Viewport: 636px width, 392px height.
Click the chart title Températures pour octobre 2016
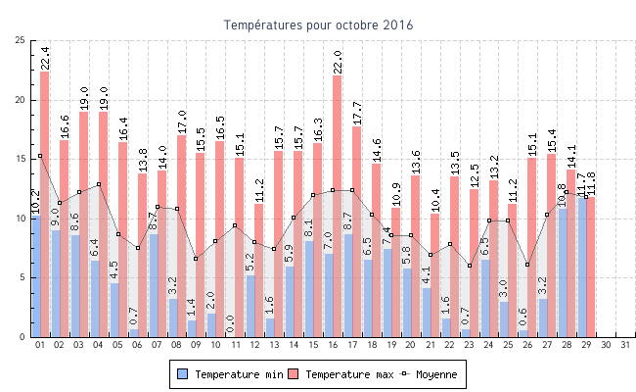tap(318, 24)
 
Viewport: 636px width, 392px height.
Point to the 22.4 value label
tap(45, 58)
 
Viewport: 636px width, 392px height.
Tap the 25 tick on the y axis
tap(21, 40)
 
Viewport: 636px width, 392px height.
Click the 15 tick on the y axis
tap(21, 159)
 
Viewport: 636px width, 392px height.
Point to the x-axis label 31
tap(625, 345)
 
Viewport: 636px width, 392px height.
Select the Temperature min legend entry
tap(231, 374)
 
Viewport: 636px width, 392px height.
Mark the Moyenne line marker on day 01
tap(40, 156)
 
